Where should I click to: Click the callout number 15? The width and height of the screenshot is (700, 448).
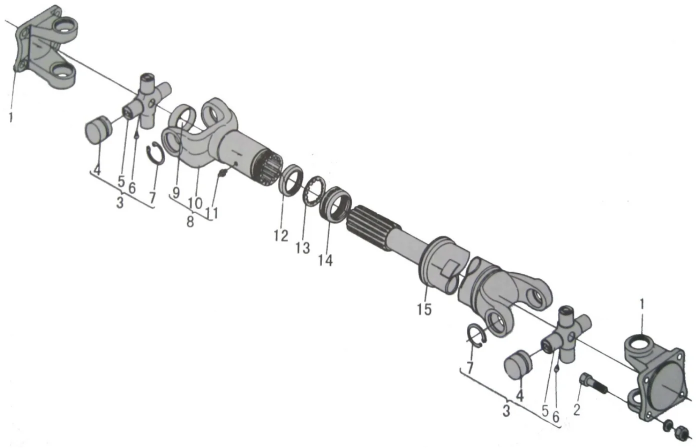pyautogui.click(x=423, y=309)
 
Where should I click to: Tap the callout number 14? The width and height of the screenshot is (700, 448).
pyautogui.click(x=325, y=260)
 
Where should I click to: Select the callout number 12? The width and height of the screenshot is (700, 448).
pyautogui.click(x=281, y=235)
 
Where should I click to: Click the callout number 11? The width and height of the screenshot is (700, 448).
pyautogui.click(x=212, y=213)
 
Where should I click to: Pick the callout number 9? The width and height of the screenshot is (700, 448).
pyautogui.click(x=176, y=193)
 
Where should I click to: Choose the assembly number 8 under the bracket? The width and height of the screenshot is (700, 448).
pyautogui.click(x=190, y=222)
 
